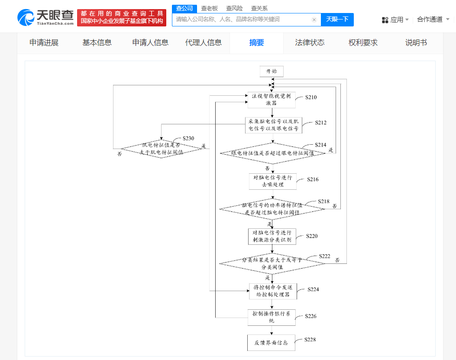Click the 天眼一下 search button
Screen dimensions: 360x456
click(x=337, y=19)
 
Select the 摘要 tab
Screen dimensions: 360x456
click(x=256, y=42)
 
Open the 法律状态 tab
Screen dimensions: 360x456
click(x=310, y=42)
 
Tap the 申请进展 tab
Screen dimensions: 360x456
click(x=44, y=42)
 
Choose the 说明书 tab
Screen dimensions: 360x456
click(x=416, y=42)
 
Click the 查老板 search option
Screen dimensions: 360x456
click(x=210, y=8)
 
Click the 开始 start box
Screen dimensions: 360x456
click(x=272, y=71)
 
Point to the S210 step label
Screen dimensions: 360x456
click(x=310, y=97)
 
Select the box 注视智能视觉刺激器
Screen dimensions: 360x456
click(x=272, y=100)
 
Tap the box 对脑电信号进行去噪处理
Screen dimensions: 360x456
click(x=272, y=181)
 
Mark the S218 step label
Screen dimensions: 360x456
click(x=323, y=201)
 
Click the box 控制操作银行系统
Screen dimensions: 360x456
click(x=272, y=317)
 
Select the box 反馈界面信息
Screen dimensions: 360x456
click(x=271, y=343)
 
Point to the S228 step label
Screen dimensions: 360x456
click(x=310, y=340)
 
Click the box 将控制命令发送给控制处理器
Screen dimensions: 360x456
click(x=272, y=291)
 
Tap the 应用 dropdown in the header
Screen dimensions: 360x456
click(x=395, y=19)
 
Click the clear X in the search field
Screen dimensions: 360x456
click(x=314, y=19)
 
